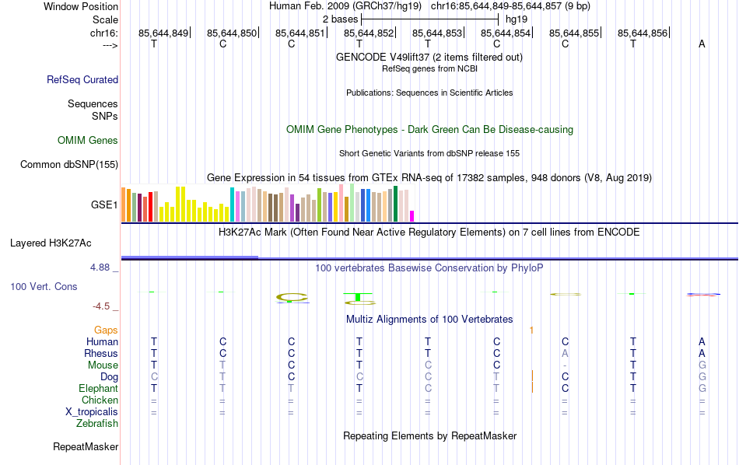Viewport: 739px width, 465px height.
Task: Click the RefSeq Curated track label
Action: (x=82, y=79)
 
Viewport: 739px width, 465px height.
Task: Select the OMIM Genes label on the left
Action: (x=88, y=141)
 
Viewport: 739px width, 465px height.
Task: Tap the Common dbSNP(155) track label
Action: (x=69, y=164)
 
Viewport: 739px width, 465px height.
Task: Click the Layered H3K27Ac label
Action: (x=51, y=243)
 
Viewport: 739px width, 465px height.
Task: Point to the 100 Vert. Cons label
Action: (x=44, y=287)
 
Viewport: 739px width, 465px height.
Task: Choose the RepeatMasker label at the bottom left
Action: (x=86, y=447)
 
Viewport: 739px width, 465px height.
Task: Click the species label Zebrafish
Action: (x=97, y=424)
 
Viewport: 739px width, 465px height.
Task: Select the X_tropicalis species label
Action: (x=92, y=412)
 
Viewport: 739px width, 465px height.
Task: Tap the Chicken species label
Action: (x=100, y=400)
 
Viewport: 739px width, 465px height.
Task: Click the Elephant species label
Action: (x=98, y=389)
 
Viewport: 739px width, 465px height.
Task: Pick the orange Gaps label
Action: (x=106, y=330)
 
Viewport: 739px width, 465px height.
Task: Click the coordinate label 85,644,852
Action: (x=369, y=33)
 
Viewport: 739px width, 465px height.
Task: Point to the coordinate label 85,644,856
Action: (x=643, y=33)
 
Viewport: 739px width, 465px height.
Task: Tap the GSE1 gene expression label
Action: (x=104, y=205)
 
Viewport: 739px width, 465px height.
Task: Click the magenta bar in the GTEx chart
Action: (x=412, y=216)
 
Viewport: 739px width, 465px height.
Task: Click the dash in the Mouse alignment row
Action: (x=565, y=365)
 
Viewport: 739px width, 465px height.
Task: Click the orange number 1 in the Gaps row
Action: (x=531, y=330)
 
